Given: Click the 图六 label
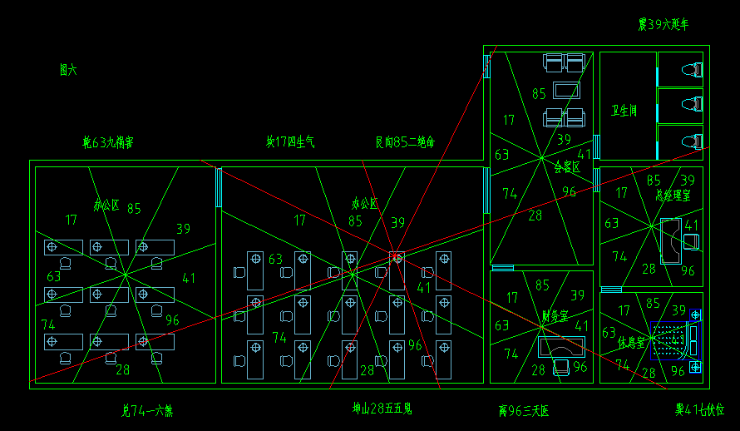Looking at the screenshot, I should pos(68,71).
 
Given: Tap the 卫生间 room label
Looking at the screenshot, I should pos(624,111).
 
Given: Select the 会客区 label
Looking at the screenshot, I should pos(566,166).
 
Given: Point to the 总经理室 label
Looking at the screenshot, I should pos(673,194).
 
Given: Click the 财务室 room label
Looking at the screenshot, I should pos(555,316).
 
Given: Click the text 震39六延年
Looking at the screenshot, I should pos(664,25).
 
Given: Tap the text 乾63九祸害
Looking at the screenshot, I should pos(107,142).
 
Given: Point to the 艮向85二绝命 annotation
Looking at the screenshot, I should pos(405,142).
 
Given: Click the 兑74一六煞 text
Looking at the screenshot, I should pos(146,410).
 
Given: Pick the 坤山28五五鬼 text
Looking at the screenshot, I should pos(382,409).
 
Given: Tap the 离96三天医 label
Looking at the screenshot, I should pos(524,410).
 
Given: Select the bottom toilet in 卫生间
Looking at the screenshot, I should pos(693,141).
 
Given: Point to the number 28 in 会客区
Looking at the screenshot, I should pos(535,215).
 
